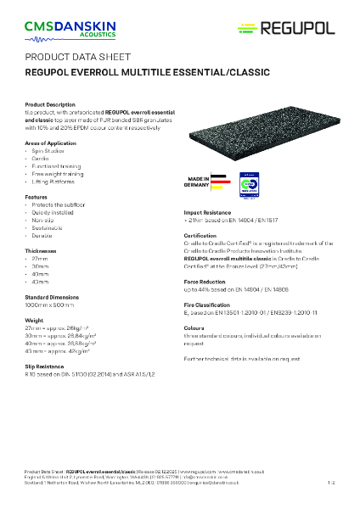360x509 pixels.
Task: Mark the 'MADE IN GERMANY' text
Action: tap(194, 184)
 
